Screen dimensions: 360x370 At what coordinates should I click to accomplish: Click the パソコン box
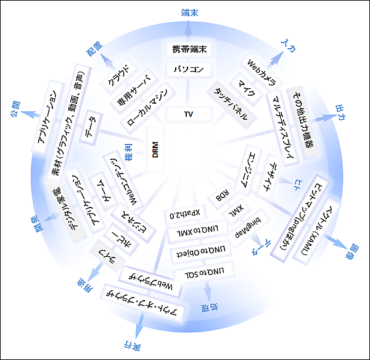coord(189,70)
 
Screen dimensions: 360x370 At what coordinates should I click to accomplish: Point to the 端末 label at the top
coord(190,13)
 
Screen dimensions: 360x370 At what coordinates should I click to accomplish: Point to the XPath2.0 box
coord(184,214)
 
